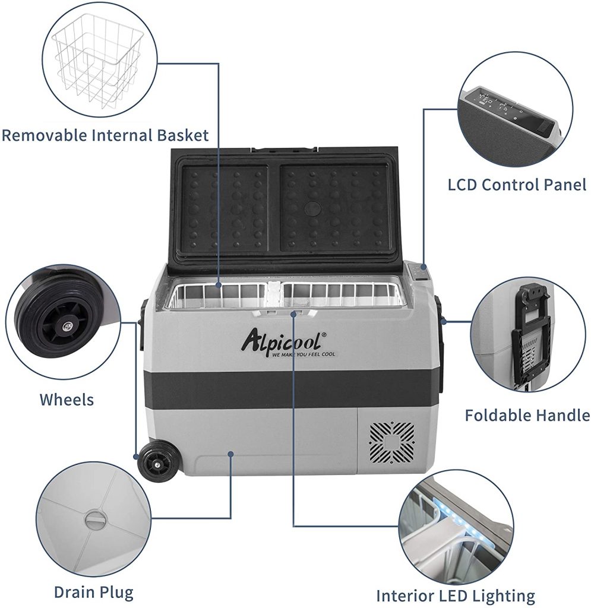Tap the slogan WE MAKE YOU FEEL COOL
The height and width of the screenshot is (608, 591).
pyautogui.click(x=304, y=355)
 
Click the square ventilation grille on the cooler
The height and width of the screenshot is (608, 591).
pyautogui.click(x=392, y=443)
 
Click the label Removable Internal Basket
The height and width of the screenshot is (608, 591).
pyautogui.click(x=105, y=135)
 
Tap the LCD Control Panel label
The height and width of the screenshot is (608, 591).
pyautogui.click(x=517, y=185)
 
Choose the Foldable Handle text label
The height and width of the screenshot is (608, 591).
pyautogui.click(x=527, y=414)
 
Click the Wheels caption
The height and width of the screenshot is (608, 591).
pyautogui.click(x=67, y=399)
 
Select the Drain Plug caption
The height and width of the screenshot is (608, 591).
pyautogui.click(x=93, y=591)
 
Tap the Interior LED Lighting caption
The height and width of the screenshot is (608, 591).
pyautogui.click(x=456, y=595)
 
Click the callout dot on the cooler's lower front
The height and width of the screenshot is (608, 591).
pyautogui.click(x=230, y=454)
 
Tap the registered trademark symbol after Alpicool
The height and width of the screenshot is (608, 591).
pyautogui.click(x=324, y=336)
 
